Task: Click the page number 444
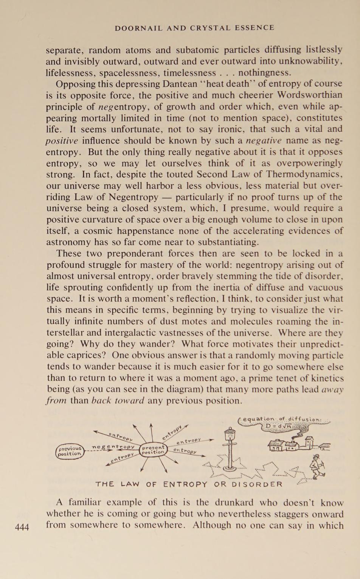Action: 22,527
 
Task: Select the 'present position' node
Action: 153,449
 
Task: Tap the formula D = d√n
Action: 279,426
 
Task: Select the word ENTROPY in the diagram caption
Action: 186,484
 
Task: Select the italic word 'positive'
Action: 62,141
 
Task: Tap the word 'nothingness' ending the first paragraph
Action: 265,72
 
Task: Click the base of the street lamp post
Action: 230,468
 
